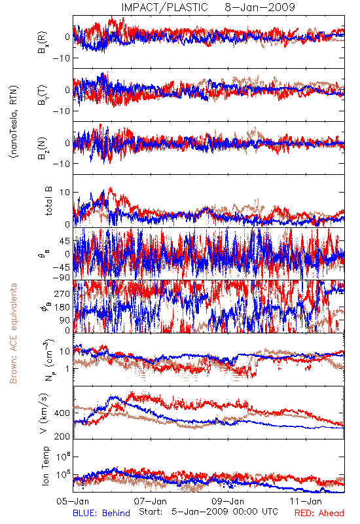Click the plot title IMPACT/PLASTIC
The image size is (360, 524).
pos(164,7)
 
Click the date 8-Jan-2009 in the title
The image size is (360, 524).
pos(260,7)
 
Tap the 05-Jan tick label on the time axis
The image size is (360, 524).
pos(73,501)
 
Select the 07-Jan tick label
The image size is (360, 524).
pos(151,501)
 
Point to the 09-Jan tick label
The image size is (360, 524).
pos(228,501)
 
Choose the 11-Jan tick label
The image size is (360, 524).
pos(306,501)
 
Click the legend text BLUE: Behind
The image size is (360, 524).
pos(101,513)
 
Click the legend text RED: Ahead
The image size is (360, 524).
pos(319,513)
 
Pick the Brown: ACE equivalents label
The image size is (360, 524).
pos(13,333)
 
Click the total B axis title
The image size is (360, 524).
pos(48,201)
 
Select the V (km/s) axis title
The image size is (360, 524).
pos(45,413)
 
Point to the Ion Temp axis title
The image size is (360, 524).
pos(46,466)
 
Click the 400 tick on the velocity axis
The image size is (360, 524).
pos(62,413)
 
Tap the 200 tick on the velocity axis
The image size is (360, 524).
pos(62,436)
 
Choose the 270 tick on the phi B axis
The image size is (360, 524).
pos(62,293)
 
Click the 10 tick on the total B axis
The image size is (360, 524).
pos(65,193)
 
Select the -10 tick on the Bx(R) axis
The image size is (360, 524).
pos(61,58)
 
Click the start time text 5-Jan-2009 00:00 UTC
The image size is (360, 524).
pos(225,512)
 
